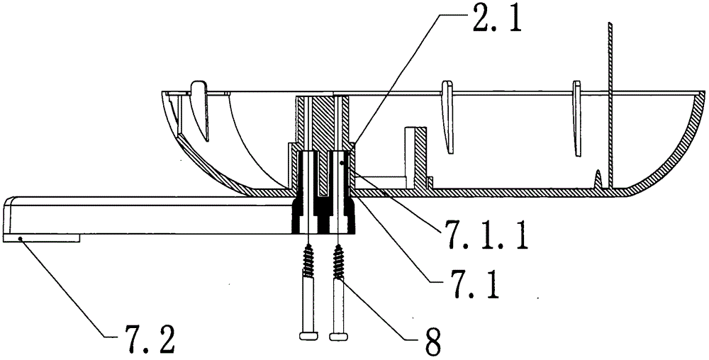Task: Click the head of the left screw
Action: click(309, 334)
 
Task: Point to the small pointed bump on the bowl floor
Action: click(598, 179)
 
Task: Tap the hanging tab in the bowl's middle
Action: click(448, 113)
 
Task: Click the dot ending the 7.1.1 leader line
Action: click(342, 163)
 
